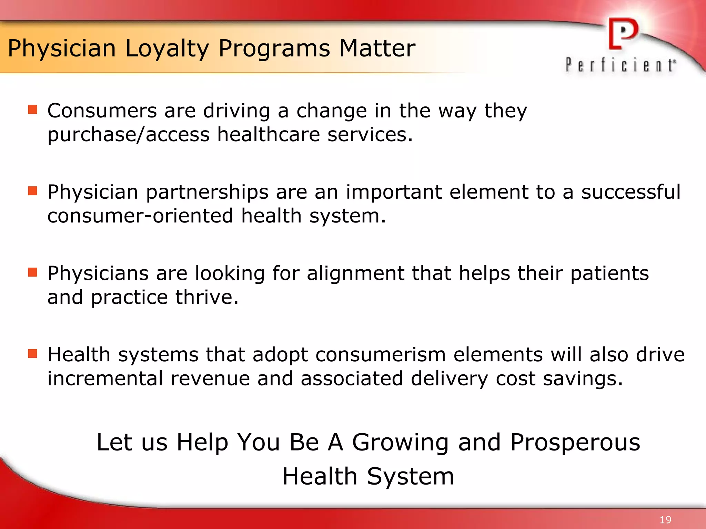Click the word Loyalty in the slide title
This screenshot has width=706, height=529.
click(x=167, y=49)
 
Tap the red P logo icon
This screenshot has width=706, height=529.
click(x=623, y=34)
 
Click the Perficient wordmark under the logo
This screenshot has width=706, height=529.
click(x=621, y=65)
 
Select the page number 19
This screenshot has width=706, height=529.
click(x=665, y=520)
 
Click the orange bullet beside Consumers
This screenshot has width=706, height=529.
click(x=32, y=110)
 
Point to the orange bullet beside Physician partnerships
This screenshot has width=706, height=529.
click(x=32, y=191)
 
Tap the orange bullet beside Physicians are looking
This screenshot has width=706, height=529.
click(x=32, y=272)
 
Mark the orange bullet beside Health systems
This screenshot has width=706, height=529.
click(x=32, y=353)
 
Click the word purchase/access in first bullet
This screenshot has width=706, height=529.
click(x=128, y=135)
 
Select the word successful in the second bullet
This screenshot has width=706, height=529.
click(x=631, y=192)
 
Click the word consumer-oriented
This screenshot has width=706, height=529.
click(x=140, y=216)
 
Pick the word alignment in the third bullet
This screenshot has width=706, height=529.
click(x=355, y=273)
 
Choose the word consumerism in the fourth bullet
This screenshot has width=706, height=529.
click(x=380, y=355)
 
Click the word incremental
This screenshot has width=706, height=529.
click(x=105, y=378)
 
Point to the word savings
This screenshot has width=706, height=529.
click(x=583, y=378)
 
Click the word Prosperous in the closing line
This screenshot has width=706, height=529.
click(x=575, y=442)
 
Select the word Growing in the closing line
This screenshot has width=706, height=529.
click(x=400, y=442)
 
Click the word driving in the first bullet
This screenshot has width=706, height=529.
click(x=236, y=111)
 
